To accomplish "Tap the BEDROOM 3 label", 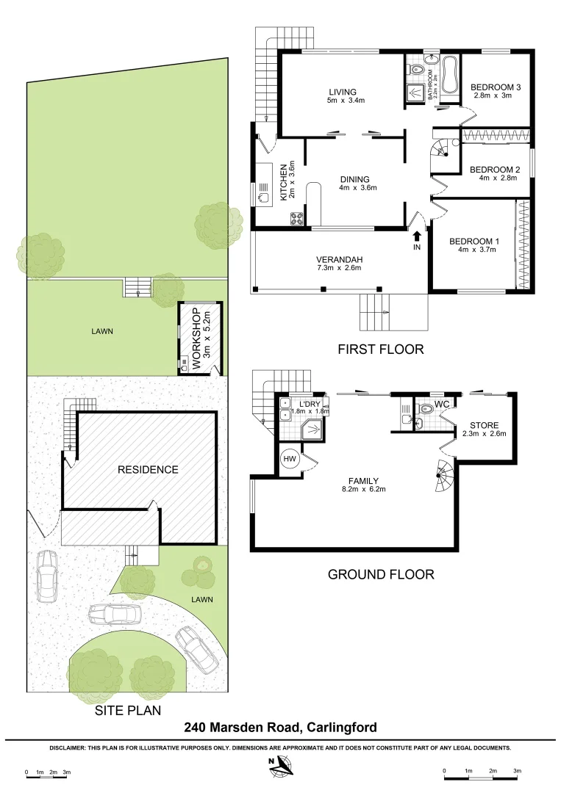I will tap(496, 87).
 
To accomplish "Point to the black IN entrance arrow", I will tap(417, 236).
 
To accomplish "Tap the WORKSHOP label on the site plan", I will tap(196, 338).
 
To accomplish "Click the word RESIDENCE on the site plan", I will tap(148, 469).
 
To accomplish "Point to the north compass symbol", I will tap(279, 767).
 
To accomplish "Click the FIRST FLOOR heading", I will tap(380, 350).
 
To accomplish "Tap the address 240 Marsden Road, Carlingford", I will tap(280, 728).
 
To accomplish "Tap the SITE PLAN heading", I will tap(127, 711).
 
